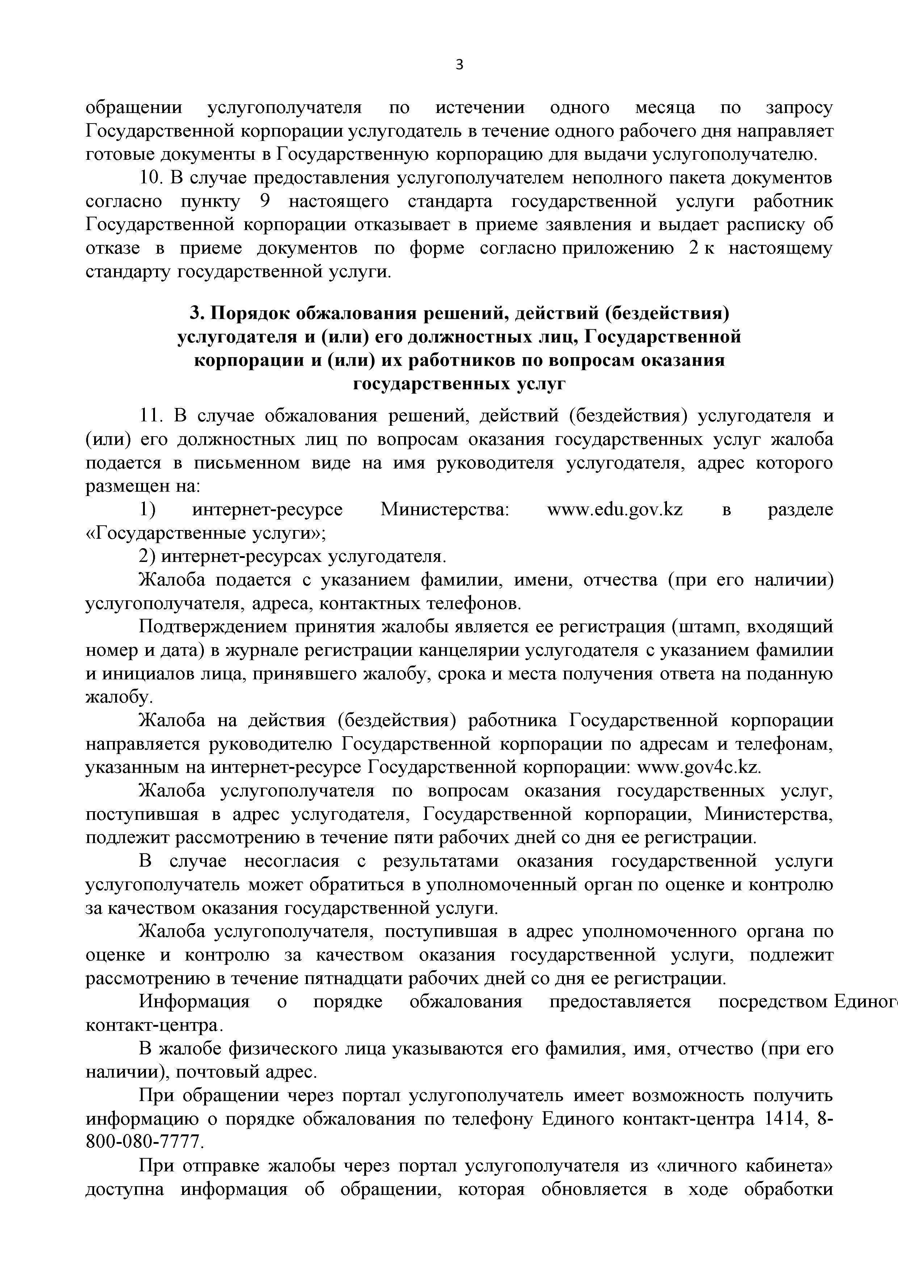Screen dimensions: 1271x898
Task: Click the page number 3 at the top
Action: [x=459, y=65]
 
